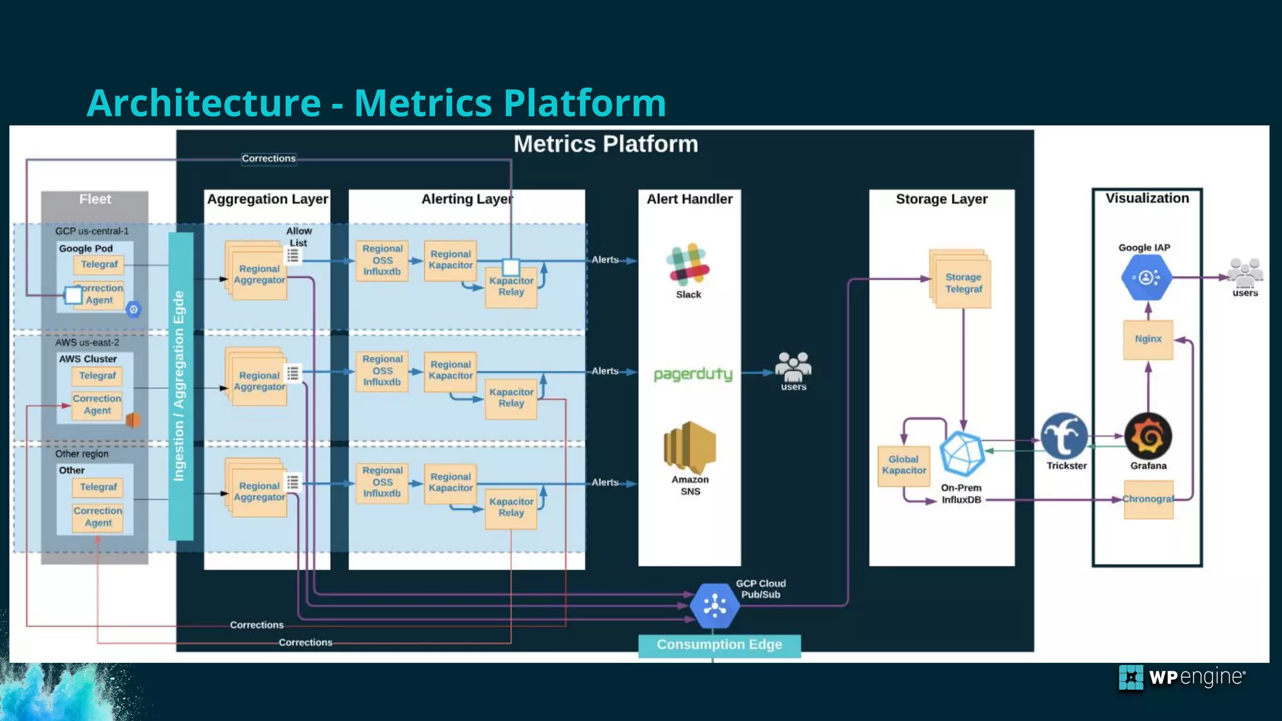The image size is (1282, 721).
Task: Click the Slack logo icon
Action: pyautogui.click(x=688, y=263)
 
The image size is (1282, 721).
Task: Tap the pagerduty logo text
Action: pyautogui.click(x=692, y=374)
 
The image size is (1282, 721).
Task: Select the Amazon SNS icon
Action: pyautogui.click(x=690, y=446)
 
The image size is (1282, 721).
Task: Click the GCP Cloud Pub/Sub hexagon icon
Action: pyautogui.click(x=714, y=605)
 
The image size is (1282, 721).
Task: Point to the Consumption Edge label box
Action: pyautogui.click(x=719, y=645)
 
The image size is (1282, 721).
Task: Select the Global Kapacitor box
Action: pyautogui.click(x=903, y=465)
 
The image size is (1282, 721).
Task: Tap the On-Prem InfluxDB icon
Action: pyautogui.click(x=962, y=454)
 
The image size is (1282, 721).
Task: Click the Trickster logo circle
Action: pyautogui.click(x=1064, y=436)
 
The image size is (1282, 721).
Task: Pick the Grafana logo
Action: pyautogui.click(x=1148, y=436)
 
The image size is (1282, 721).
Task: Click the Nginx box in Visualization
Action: pyautogui.click(x=1147, y=339)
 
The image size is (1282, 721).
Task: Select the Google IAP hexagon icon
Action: pyautogui.click(x=1146, y=277)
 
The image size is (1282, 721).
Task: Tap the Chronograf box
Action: pyautogui.click(x=1148, y=499)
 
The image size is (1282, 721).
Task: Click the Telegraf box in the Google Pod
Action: pyautogui.click(x=99, y=265)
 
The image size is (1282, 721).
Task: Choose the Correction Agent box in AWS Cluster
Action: pyautogui.click(x=97, y=404)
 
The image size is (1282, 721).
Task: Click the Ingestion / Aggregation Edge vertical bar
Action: pyautogui.click(x=180, y=386)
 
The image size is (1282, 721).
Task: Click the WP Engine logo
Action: pyautogui.click(x=1181, y=677)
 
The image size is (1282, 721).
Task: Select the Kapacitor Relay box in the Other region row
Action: pyautogui.click(x=511, y=508)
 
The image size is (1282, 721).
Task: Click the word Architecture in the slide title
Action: pyautogui.click(x=204, y=103)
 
